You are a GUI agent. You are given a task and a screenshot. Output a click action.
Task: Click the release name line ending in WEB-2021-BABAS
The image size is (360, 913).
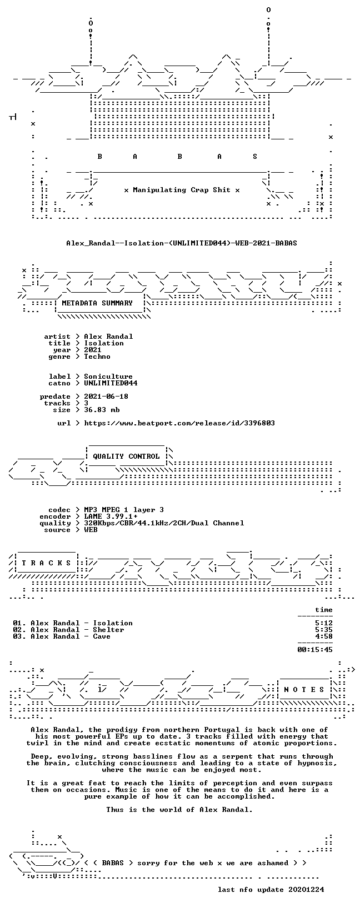pyautogui.click(x=182, y=243)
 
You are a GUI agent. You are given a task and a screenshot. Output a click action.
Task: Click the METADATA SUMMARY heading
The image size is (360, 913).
pyautogui.click(x=97, y=303)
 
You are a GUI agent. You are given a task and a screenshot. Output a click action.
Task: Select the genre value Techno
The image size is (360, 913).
pyautogui.click(x=97, y=357)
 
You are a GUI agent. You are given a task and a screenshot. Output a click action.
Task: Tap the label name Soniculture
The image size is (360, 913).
pyautogui.click(x=108, y=377)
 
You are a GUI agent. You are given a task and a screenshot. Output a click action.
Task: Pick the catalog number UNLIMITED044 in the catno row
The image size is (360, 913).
pyautogui.click(x=111, y=383)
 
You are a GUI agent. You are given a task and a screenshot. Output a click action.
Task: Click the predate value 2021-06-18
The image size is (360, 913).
pyautogui.click(x=106, y=397)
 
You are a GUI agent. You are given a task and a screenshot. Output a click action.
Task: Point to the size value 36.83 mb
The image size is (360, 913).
pyautogui.click(x=102, y=410)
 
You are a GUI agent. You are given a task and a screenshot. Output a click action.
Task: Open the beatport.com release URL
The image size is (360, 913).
pyautogui.click(x=179, y=423)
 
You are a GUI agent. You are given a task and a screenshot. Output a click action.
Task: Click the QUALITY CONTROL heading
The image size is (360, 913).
pyautogui.click(x=126, y=456)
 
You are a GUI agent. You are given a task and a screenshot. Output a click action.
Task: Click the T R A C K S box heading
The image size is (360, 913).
pyautogui.click(x=46, y=563)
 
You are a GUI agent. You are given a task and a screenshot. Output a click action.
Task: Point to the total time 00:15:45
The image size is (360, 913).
pyautogui.click(x=315, y=650)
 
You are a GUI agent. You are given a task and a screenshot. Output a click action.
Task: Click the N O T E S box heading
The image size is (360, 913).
pyautogui.click(x=304, y=690)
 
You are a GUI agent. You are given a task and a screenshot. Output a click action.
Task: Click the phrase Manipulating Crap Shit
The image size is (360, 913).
pyautogui.click(x=182, y=190)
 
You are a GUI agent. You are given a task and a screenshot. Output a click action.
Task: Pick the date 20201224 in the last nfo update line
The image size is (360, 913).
pyautogui.click(x=306, y=890)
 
